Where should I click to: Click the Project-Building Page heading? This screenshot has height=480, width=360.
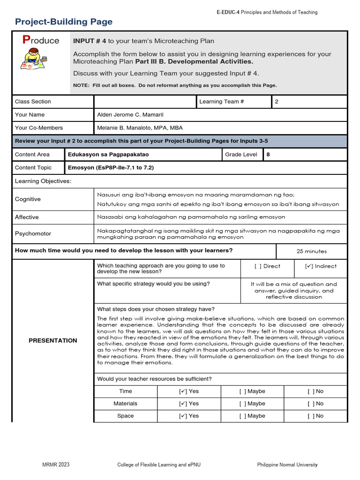point(64,22)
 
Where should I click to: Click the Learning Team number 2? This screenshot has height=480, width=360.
point(277,102)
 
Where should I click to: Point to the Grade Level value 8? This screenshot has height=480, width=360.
point(268,154)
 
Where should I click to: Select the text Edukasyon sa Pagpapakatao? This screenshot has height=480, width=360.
point(109,154)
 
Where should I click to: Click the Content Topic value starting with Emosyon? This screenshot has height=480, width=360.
point(111,167)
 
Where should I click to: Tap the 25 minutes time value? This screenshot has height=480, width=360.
point(312,251)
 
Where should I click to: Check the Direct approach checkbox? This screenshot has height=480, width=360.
point(258,266)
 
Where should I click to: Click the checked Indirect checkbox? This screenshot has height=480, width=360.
point(309,266)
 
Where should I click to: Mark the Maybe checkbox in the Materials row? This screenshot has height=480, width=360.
point(242,404)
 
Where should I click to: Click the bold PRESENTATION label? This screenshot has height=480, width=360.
point(52,341)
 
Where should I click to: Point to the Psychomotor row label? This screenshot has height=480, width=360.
point(33,233)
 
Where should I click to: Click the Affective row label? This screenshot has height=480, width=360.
point(27,217)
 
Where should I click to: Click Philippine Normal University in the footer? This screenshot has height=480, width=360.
point(287,465)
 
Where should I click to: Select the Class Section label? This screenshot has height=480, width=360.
point(33,102)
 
